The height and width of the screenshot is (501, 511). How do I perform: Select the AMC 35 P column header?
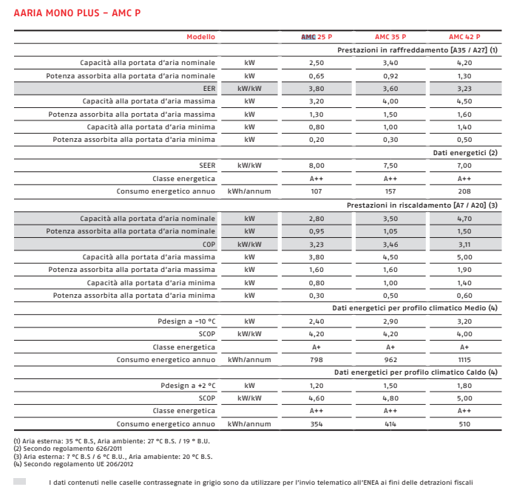[x=390, y=37]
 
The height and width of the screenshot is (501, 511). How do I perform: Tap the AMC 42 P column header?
[x=464, y=37]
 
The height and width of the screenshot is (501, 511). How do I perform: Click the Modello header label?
[x=201, y=37]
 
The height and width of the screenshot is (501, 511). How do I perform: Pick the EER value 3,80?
[x=317, y=89]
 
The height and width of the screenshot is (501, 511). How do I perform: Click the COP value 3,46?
[x=390, y=244]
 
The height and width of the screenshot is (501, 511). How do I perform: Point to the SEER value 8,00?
[x=317, y=166]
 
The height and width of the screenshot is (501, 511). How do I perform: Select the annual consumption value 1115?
[x=464, y=360]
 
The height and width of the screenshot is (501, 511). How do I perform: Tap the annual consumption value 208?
[x=464, y=191]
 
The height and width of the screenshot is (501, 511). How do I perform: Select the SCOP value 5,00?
[x=464, y=398]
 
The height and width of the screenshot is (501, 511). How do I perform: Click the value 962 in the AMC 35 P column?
[x=390, y=360]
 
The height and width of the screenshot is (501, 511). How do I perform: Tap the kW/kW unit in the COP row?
[x=249, y=244]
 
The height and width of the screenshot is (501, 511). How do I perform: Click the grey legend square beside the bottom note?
[x=20, y=481]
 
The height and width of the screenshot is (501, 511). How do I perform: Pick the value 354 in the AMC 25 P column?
[x=317, y=424]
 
